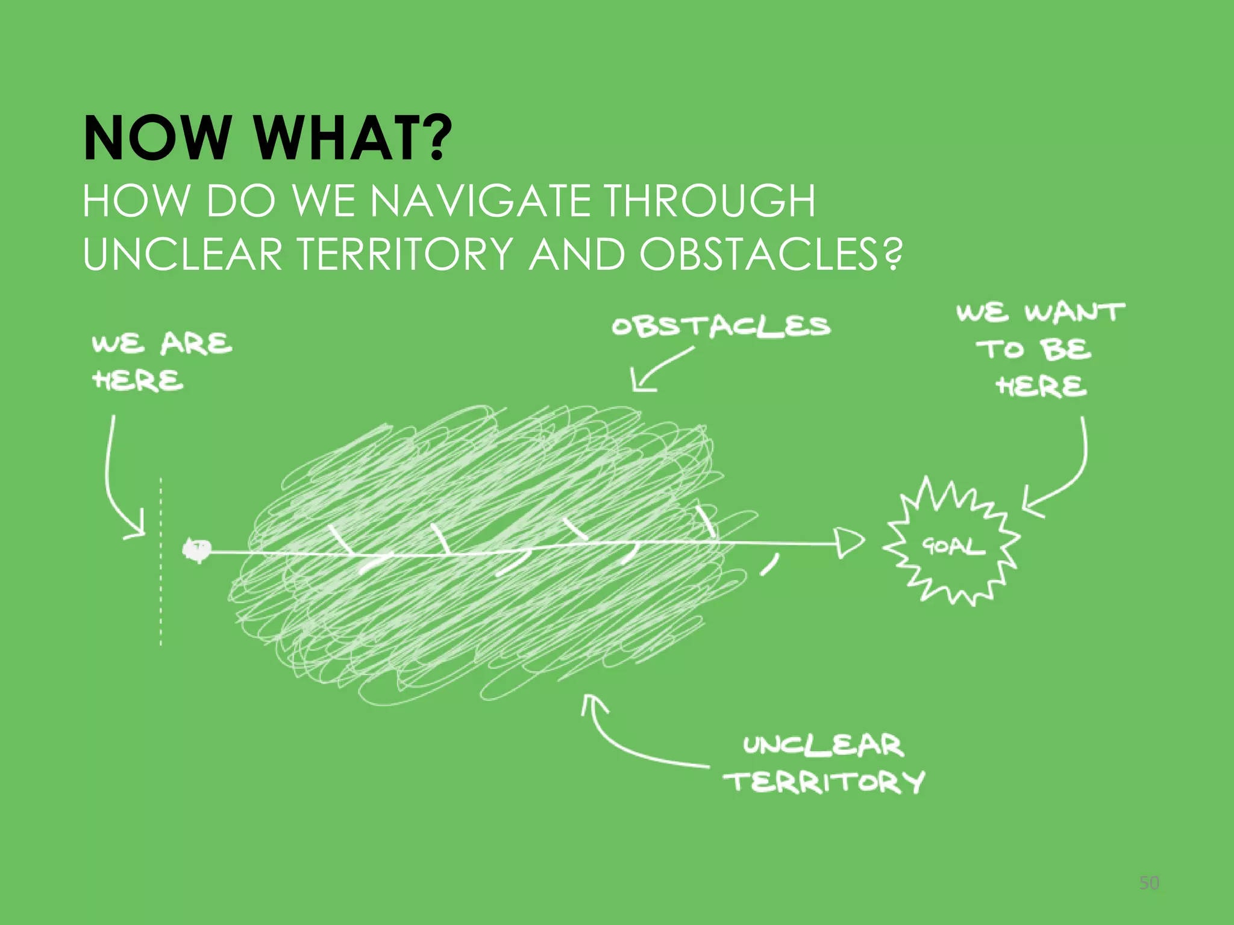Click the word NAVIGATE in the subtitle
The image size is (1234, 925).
[479, 201]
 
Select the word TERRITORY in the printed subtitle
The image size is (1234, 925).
[406, 254]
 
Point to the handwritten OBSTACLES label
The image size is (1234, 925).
[721, 326]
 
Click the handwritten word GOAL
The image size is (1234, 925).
[952, 546]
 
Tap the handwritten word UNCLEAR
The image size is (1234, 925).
[822, 746]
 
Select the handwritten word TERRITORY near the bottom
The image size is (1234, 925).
[824, 782]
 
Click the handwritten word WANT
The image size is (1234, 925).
[1074, 313]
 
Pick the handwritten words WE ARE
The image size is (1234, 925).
[161, 343]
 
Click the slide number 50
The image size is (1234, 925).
[1149, 883]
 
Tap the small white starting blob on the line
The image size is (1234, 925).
[196, 549]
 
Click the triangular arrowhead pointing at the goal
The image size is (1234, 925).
[848, 543]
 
